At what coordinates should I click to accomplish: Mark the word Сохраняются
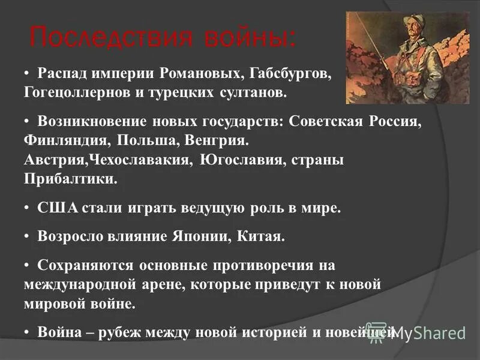86,265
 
